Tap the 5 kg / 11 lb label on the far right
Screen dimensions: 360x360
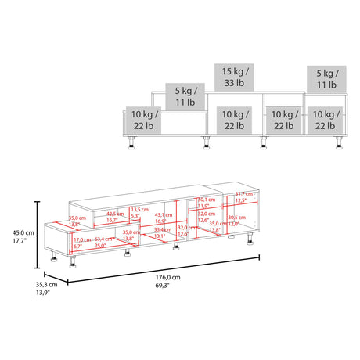[325, 77]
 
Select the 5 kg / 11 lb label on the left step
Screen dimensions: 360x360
[185, 97]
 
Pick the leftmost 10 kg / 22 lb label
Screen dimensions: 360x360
[143, 120]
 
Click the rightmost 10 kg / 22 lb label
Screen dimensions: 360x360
[325, 120]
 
